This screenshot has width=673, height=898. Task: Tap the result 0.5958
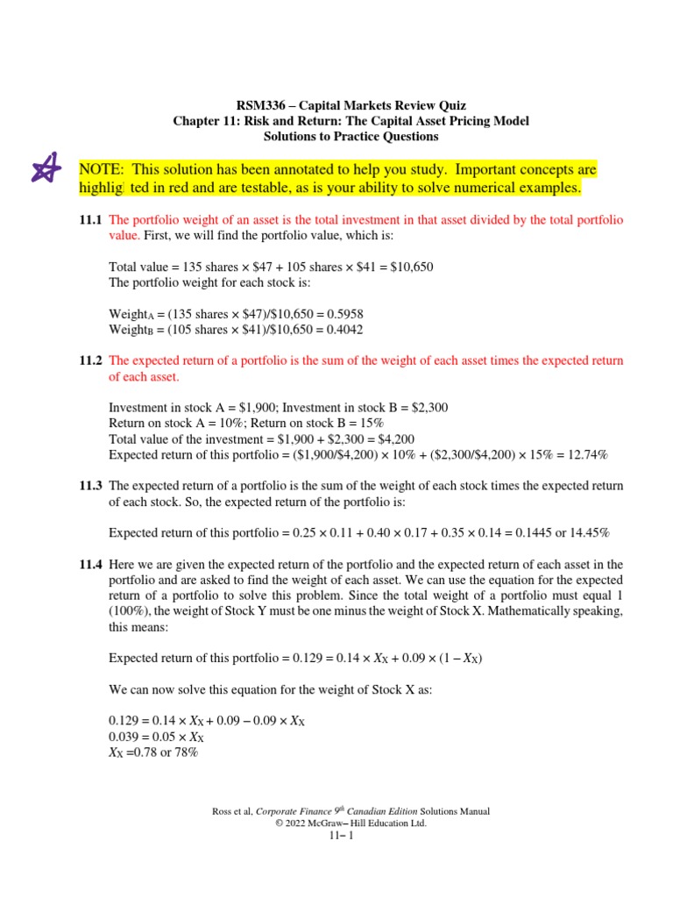[343, 313]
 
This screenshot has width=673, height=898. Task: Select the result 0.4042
[342, 329]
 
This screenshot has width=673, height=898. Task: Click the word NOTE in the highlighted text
[100, 168]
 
